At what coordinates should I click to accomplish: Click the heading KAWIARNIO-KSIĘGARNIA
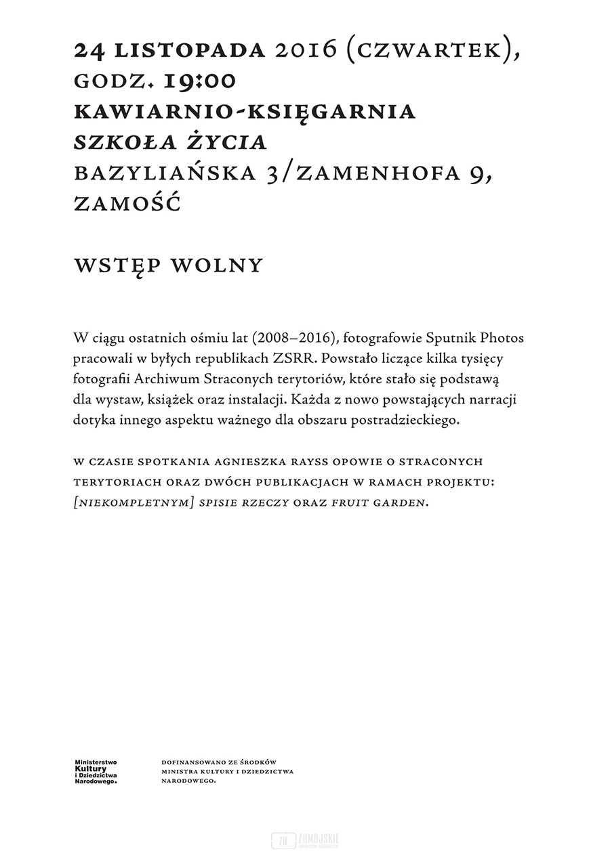(x=244, y=112)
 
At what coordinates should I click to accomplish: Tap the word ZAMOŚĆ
(x=127, y=204)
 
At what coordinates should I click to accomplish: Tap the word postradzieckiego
(x=403, y=420)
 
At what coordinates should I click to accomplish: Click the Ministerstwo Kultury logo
(x=96, y=771)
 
